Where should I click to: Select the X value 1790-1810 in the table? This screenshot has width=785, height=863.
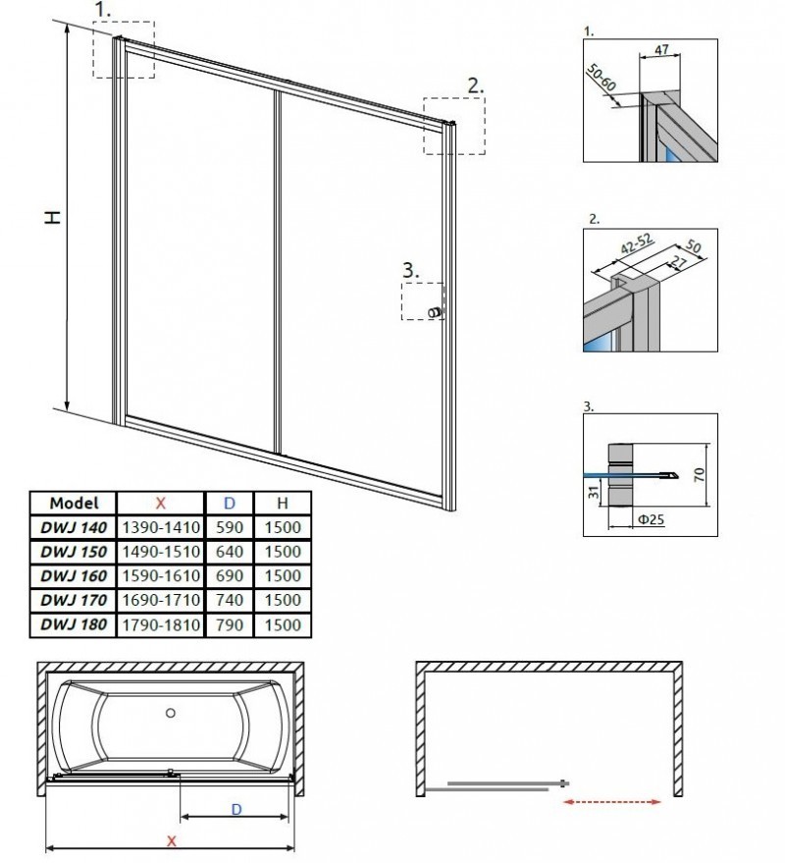click(160, 623)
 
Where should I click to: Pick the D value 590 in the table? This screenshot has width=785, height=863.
click(230, 526)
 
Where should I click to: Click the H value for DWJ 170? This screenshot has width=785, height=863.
click(282, 599)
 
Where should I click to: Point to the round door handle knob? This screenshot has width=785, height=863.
click(432, 312)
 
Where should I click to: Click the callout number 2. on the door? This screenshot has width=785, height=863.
click(475, 85)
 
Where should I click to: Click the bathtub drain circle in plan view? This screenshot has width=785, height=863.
click(170, 714)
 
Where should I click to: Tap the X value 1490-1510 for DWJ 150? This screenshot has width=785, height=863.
click(160, 551)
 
